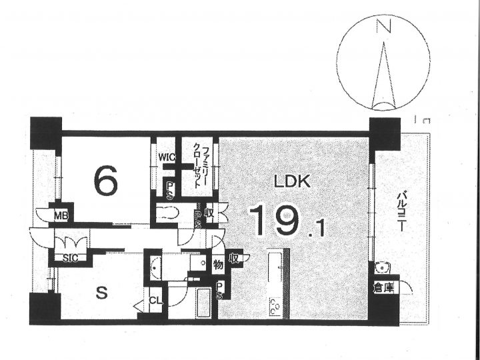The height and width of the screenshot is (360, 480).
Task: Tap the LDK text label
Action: click(x=292, y=182)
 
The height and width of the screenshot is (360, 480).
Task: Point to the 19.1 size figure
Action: click(x=287, y=221)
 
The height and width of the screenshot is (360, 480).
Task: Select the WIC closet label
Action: click(x=167, y=157)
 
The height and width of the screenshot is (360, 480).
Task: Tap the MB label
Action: click(x=61, y=216)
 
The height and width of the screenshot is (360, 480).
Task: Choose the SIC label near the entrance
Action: click(x=71, y=258)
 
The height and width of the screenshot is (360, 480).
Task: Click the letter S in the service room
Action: click(x=101, y=293)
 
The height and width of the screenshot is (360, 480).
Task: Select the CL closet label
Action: click(x=156, y=301)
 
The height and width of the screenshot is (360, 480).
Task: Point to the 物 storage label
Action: click(x=218, y=265)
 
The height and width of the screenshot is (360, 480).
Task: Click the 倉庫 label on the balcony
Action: click(x=383, y=287)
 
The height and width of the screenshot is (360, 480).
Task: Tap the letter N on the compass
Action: click(x=383, y=26)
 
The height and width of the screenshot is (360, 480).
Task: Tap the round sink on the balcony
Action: click(x=382, y=268)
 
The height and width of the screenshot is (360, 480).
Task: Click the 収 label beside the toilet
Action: click(x=209, y=213)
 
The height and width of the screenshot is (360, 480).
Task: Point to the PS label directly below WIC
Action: click(x=169, y=191)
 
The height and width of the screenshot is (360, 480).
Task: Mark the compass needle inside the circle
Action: click(x=383, y=76)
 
